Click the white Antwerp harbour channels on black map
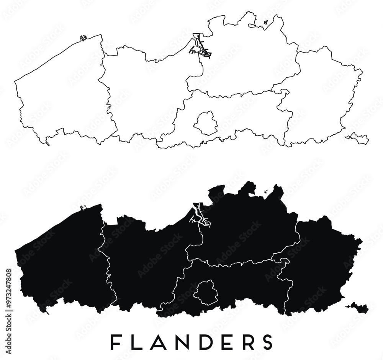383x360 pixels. click(x=198, y=216)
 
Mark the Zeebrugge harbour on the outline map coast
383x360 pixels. click(x=83, y=37)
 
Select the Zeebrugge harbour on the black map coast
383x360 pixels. click(x=83, y=208)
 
